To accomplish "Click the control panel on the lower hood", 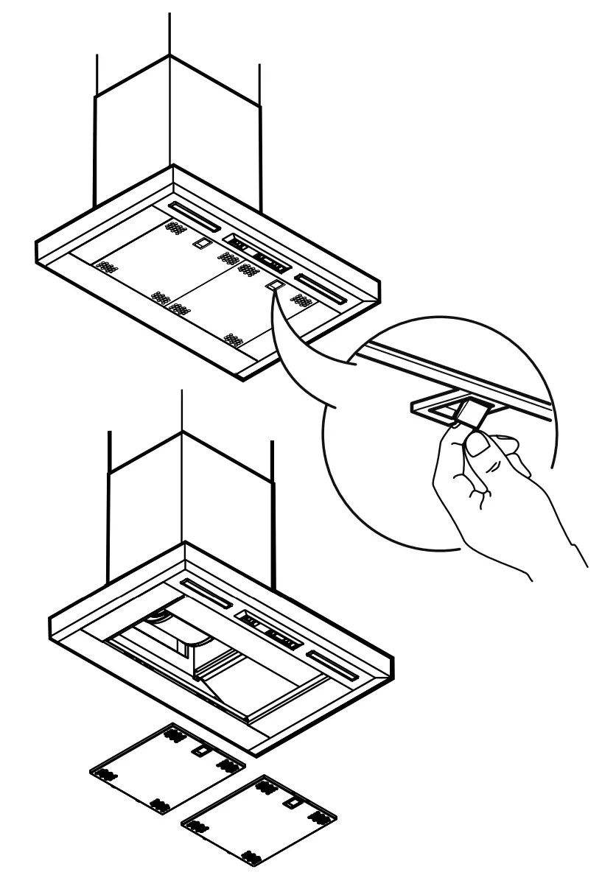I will click(270, 630).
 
